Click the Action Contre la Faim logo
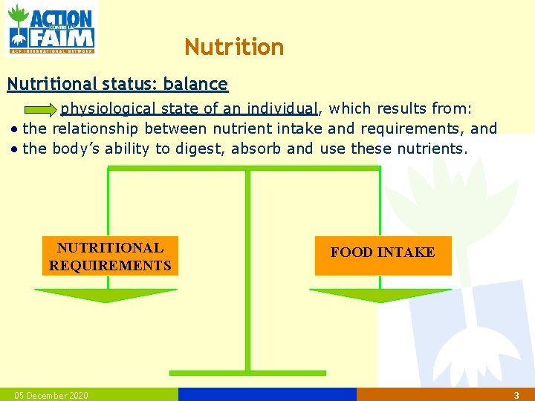click(x=51, y=28)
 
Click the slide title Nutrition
click(x=234, y=48)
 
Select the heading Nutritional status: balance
click(x=117, y=84)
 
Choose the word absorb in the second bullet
click(x=256, y=149)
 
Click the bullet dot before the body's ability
click(x=15, y=149)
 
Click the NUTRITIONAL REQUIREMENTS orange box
click(x=110, y=256)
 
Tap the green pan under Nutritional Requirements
click(x=106, y=295)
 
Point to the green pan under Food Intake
click(x=381, y=295)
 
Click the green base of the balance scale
click(x=247, y=372)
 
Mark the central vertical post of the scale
click(x=247, y=267)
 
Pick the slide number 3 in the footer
click(x=516, y=395)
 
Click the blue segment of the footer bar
click(x=267, y=394)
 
